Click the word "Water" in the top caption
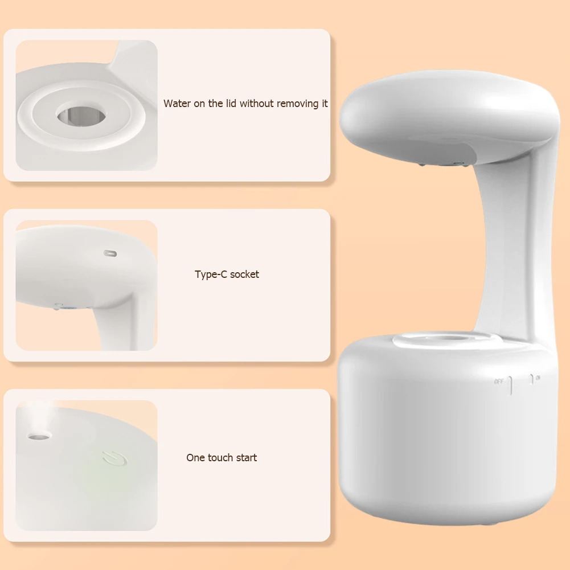pos(177,104)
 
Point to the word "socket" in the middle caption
pos(244,274)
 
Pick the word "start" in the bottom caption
pos(246,458)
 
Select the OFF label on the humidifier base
pos(499,381)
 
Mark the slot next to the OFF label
pos(511,385)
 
